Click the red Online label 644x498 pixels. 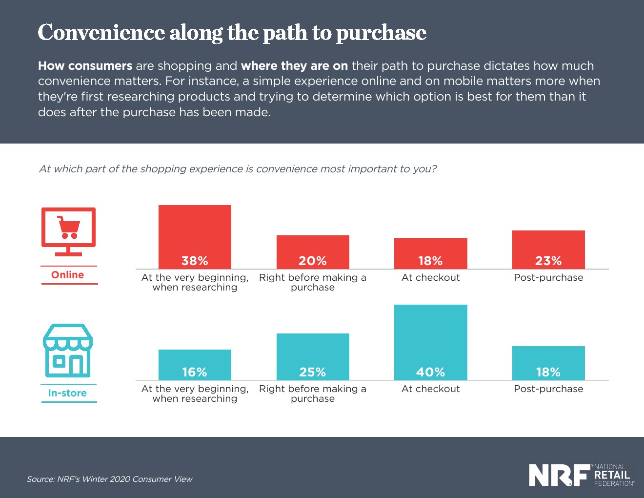pyautogui.click(x=68, y=275)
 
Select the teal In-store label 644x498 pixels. pyautogui.click(x=67, y=393)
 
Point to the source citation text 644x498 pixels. pyautogui.click(x=109, y=479)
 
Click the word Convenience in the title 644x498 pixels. pyautogui.click(x=101, y=33)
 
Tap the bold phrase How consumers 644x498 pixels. pyautogui.click(x=85, y=66)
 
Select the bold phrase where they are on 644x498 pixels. pyautogui.click(x=294, y=66)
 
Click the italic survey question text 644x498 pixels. pyautogui.click(x=238, y=169)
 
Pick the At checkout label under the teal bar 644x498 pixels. pyautogui.click(x=430, y=389)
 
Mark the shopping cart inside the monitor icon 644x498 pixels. pyautogui.click(x=69, y=228)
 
